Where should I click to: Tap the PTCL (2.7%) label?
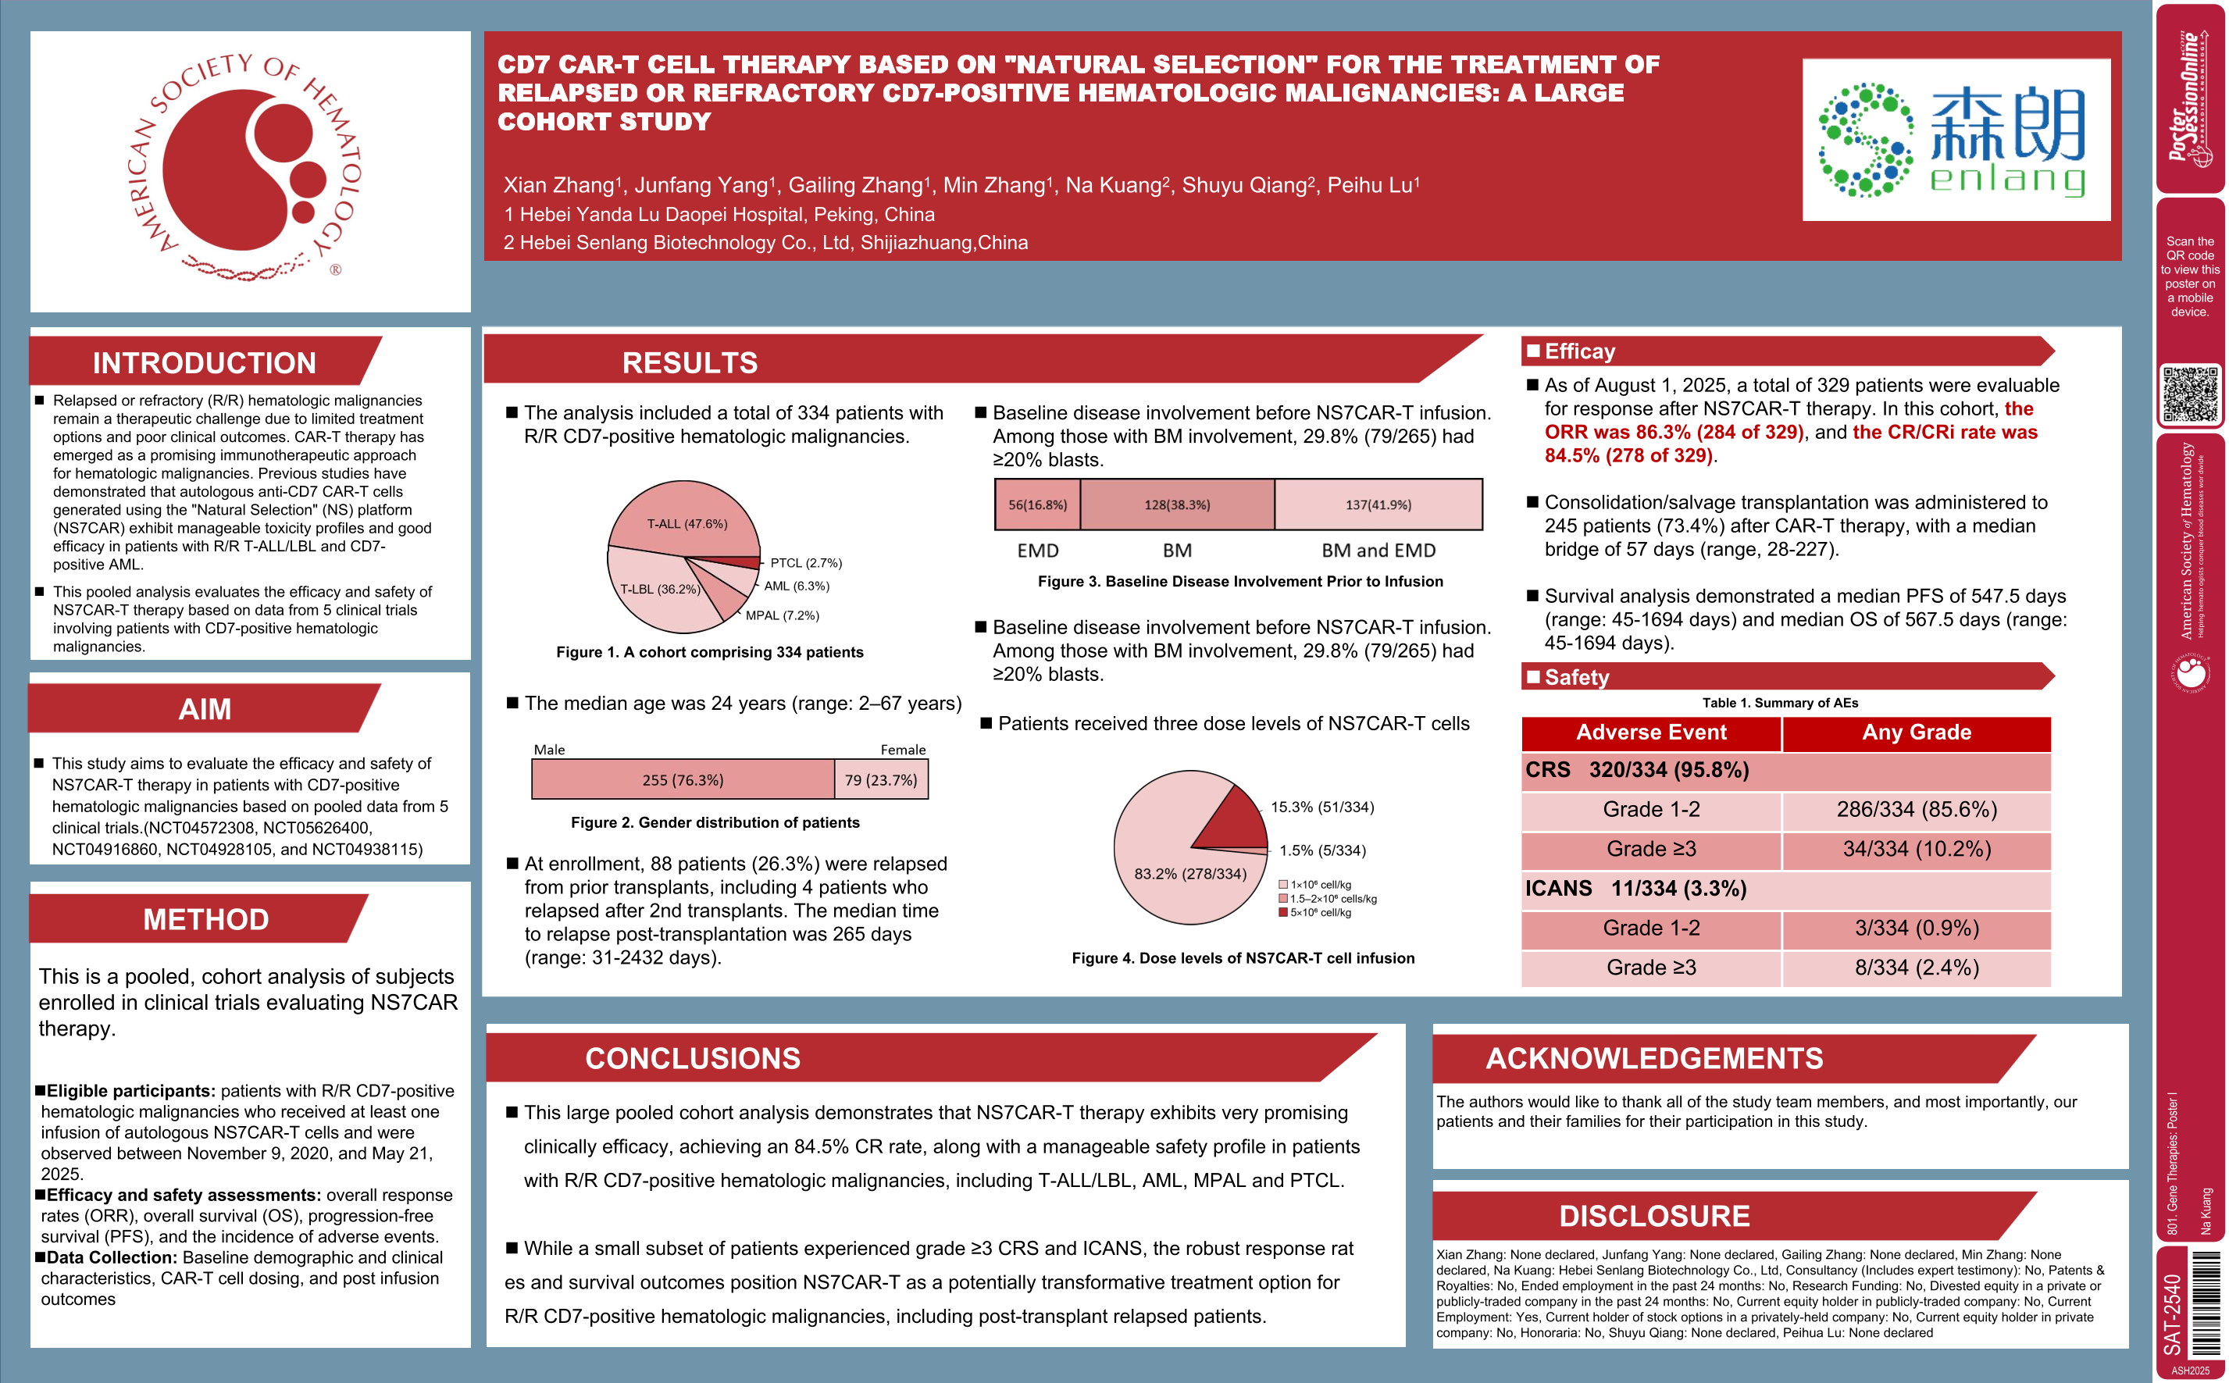pos(805,562)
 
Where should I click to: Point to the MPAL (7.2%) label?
pos(782,615)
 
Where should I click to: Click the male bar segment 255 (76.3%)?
pos(683,779)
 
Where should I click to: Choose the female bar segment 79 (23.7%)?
pos(880,779)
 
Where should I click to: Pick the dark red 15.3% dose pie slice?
pos(1234,816)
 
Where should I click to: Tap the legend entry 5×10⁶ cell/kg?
pos(1319,912)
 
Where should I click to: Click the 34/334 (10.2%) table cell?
pos(1916,849)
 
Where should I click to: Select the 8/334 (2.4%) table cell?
pos(1916,968)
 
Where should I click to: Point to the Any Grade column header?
pos(1916,732)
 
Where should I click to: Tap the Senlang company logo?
pos(1956,140)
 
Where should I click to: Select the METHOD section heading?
pos(206,919)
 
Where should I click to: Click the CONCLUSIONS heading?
pos(693,1058)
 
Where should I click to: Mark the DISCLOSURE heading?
pos(1653,1216)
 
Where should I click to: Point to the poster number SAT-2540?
pos(2172,1313)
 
